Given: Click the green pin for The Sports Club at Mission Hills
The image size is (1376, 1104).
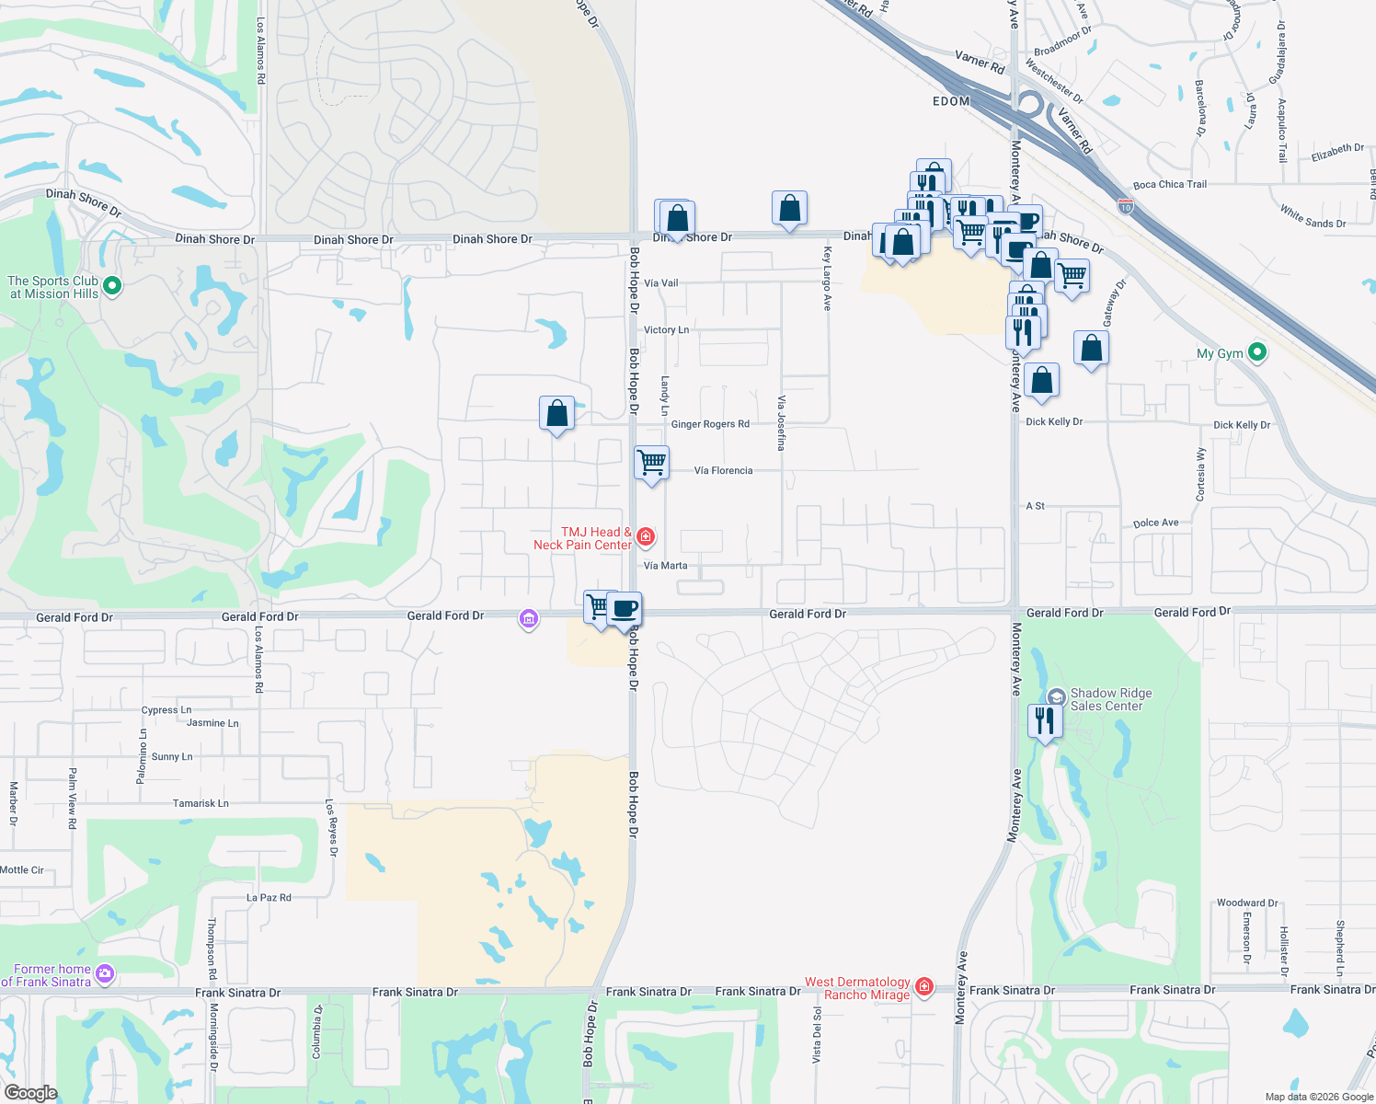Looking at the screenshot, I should point(112,286).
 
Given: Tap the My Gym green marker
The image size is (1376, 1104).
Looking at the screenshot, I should point(1257,352).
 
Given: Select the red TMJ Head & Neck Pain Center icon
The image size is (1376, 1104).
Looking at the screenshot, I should point(646,536).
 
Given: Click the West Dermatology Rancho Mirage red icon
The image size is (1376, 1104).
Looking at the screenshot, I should point(924,987).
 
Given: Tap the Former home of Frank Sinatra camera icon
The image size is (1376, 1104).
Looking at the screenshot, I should point(105,973).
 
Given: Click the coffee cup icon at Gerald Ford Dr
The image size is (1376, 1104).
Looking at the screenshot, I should point(624,608).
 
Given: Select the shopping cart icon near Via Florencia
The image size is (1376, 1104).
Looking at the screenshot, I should point(651,461).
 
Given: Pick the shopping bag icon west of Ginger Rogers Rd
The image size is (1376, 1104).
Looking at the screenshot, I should point(556,412).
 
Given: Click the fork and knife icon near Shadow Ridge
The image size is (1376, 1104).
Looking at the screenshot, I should point(1045,719).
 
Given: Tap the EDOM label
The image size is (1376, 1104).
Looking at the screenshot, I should point(951,101).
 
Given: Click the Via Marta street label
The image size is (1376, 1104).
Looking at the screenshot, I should point(665,566).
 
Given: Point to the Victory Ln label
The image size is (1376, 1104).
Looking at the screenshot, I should point(666,329).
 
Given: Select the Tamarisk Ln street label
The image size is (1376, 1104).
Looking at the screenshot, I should point(201,803).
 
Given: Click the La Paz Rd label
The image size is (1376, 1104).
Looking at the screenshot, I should point(269,897).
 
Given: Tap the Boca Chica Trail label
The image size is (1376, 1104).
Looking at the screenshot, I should point(1169,184).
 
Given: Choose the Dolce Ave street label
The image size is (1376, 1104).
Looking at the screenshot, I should point(1155,523).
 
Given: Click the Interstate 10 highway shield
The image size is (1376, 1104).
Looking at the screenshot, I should point(1126,208).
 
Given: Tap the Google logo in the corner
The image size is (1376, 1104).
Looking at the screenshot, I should point(30,1092).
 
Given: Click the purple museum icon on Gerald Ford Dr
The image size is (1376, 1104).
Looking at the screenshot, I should point(528,619).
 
